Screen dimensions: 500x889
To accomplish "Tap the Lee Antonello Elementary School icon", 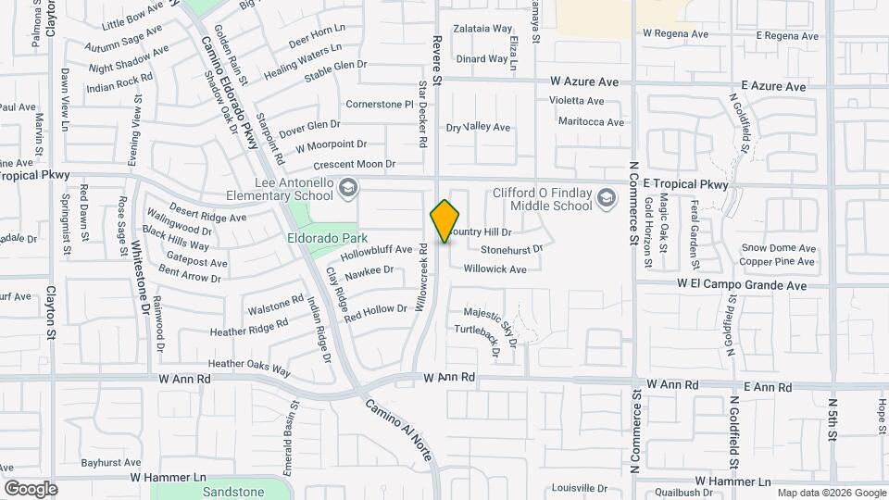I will tap(347, 189).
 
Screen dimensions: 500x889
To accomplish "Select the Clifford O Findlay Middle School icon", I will tap(607, 197).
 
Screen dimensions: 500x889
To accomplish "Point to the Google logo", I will tap(31, 488).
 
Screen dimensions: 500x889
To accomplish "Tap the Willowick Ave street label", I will tap(495, 269).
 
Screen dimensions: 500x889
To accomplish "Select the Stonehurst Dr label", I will tap(511, 249).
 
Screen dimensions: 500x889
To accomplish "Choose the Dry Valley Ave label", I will tap(478, 127).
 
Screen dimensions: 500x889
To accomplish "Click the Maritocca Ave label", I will tap(591, 121).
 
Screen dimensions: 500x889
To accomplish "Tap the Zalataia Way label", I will tap(483, 29).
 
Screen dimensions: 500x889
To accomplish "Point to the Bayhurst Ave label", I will tap(110, 461).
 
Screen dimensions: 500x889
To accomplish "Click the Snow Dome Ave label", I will tap(778, 248).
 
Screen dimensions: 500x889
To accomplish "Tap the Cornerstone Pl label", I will tap(379, 105).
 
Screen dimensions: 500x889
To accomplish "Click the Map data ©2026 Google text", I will tap(831, 493).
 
